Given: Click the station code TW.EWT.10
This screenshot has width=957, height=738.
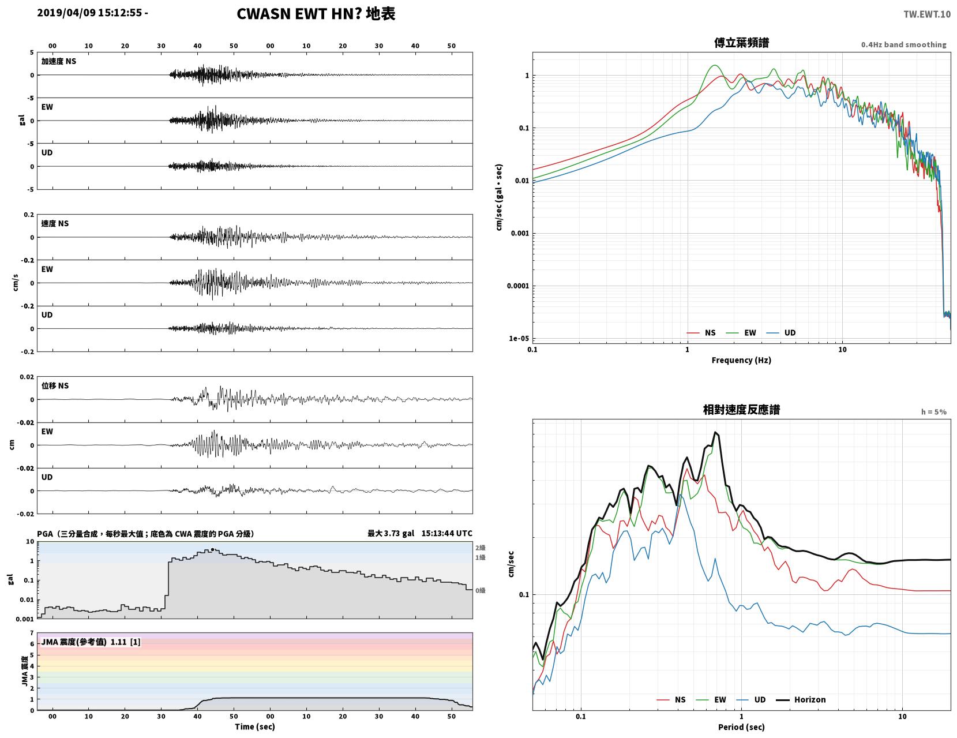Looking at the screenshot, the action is tap(926, 14).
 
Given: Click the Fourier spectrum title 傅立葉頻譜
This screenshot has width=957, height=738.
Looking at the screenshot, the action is tap(741, 43).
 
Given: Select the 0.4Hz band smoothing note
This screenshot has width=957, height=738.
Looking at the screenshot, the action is tap(903, 44).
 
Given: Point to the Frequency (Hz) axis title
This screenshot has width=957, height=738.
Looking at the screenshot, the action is tap(741, 360).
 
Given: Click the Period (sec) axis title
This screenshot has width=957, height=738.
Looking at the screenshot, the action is tap(741, 727).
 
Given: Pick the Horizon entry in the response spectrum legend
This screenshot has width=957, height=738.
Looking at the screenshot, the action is tap(801, 700).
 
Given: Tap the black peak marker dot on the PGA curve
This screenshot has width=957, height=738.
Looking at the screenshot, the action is tap(212, 549).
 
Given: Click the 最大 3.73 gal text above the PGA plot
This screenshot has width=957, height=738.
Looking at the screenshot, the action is tap(391, 534).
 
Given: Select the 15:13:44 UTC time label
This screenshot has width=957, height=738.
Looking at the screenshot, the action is tap(446, 534).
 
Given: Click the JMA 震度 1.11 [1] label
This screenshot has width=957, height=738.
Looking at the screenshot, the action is tap(91, 642).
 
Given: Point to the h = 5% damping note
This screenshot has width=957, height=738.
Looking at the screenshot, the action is tap(934, 412).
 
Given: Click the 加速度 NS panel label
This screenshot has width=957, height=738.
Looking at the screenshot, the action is tap(59, 61).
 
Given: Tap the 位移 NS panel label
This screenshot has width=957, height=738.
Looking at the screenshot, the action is tap(55, 385).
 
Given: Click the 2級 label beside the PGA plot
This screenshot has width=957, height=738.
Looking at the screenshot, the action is tap(480, 548).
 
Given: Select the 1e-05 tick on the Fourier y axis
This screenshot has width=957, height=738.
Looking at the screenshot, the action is tap(519, 339).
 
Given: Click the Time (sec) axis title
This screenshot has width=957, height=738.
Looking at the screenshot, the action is tap(254, 726).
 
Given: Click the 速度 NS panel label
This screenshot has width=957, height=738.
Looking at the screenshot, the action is tap(55, 224).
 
